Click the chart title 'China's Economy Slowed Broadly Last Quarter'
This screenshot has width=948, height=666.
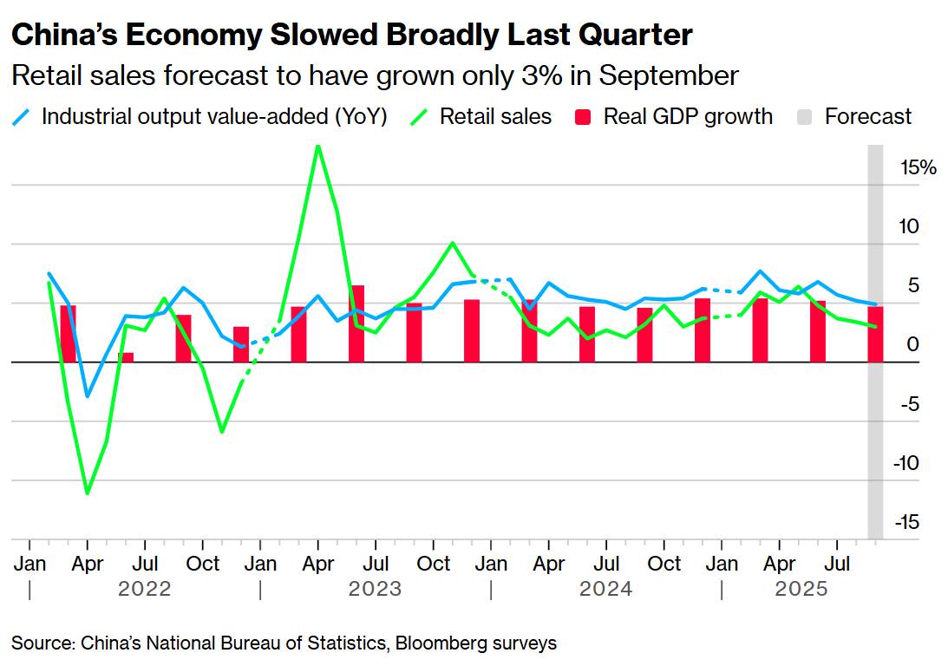[x=351, y=35]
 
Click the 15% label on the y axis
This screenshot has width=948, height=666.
[x=919, y=167]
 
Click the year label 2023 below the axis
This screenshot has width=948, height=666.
[x=375, y=590]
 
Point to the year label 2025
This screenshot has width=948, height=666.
[x=801, y=590]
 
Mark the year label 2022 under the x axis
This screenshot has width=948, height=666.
[x=145, y=590]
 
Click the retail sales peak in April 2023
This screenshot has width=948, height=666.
[x=318, y=146]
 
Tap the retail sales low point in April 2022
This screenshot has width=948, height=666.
[x=87, y=493]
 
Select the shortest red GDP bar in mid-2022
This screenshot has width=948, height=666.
[x=126, y=357]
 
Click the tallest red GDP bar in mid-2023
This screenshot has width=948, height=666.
[x=356, y=323]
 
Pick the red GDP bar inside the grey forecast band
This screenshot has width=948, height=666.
[x=876, y=334]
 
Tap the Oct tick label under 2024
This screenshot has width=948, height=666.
[x=664, y=564]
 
